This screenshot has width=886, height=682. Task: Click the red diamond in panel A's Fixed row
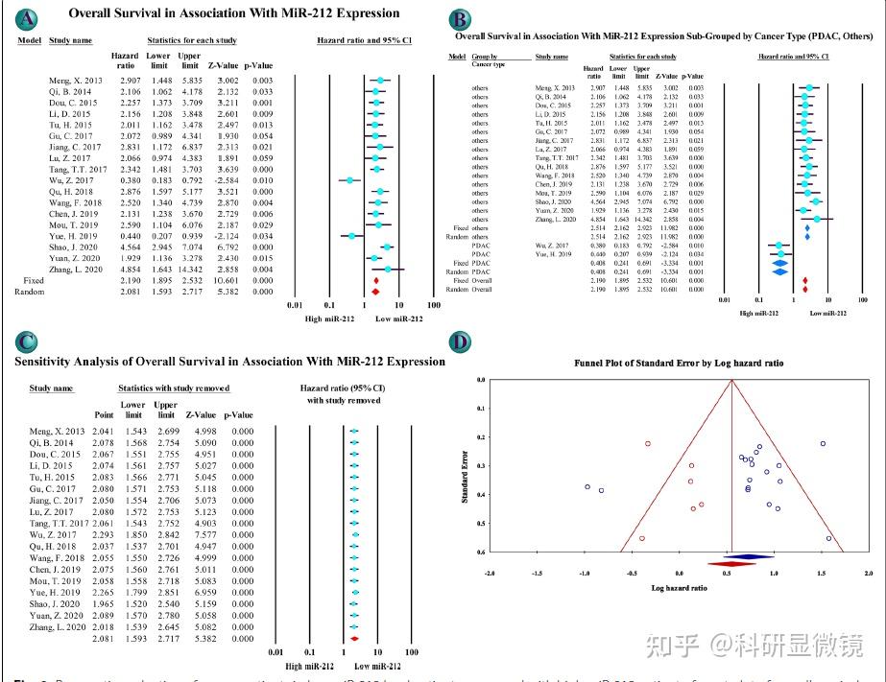[375, 281]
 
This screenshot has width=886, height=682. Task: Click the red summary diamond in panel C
[354, 639]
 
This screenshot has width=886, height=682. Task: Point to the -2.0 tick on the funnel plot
[491, 573]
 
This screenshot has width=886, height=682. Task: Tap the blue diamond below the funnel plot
[749, 556]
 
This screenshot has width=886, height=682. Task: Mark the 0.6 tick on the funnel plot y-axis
[482, 553]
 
